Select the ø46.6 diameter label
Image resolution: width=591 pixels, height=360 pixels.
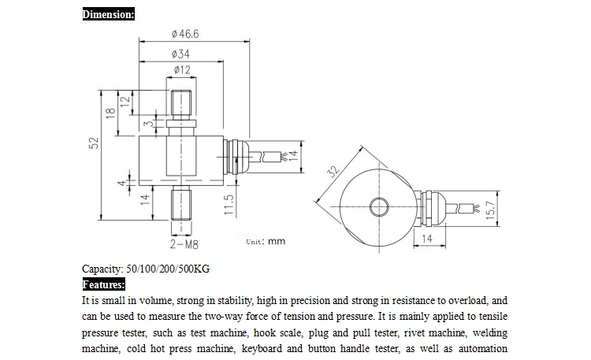[184, 34]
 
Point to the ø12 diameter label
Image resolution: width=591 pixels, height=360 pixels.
[182, 71]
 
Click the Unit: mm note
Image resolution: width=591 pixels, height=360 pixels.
[266, 242]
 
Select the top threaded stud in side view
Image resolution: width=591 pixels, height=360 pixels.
[182, 106]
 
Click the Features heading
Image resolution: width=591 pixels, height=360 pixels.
[103, 284]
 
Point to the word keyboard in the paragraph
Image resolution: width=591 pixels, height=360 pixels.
[261, 348]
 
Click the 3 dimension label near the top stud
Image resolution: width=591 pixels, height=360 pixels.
[148, 124]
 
